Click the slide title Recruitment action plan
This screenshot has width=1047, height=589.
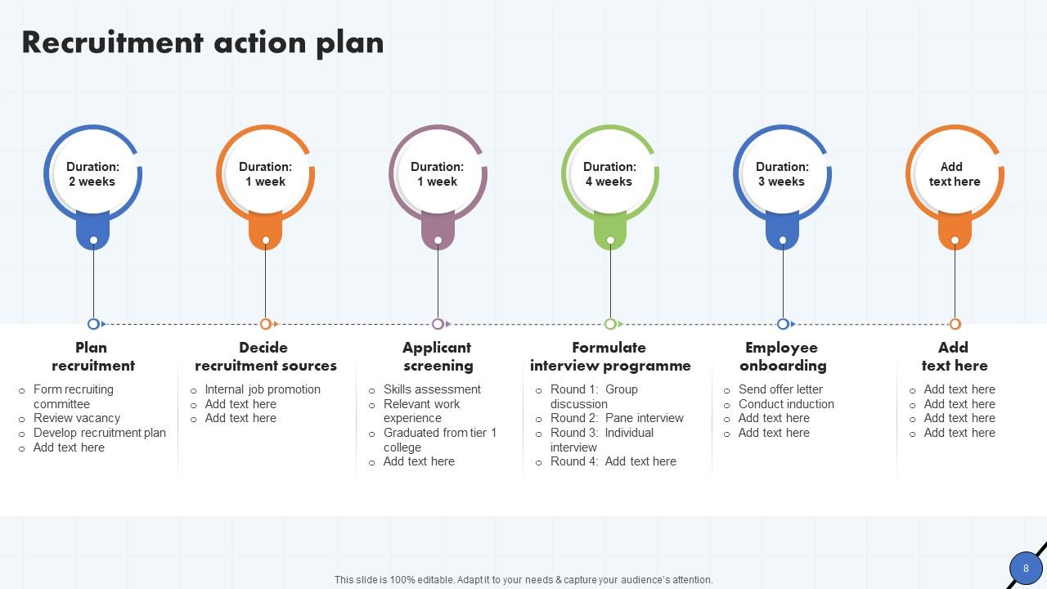(x=203, y=43)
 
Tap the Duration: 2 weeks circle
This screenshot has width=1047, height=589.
(x=92, y=174)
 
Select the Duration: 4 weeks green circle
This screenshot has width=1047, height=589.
(x=609, y=174)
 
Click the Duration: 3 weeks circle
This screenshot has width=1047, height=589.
(x=782, y=174)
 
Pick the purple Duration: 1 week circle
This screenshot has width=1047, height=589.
(x=438, y=174)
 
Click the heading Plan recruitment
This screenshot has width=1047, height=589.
(x=92, y=357)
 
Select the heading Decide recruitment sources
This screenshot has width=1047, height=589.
(x=265, y=357)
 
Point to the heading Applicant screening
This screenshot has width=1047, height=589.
(x=438, y=357)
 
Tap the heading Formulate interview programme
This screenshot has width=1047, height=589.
(x=609, y=357)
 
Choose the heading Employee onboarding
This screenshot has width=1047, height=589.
(x=783, y=357)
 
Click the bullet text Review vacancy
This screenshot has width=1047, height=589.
(x=77, y=418)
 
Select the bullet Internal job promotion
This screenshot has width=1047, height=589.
(x=263, y=389)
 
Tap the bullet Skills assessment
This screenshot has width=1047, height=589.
(x=432, y=389)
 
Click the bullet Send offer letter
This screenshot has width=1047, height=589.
(x=780, y=389)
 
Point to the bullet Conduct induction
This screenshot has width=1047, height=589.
(x=786, y=404)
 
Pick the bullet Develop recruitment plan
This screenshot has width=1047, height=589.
(x=100, y=433)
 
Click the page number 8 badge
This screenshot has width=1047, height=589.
(x=1026, y=568)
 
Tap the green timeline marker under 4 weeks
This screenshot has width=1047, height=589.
(x=610, y=324)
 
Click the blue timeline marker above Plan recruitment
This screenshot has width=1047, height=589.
(x=93, y=324)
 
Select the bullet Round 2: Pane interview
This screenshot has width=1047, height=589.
(x=617, y=418)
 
